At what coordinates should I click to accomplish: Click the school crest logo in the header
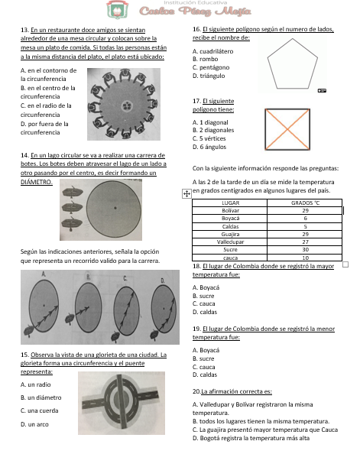[x=117, y=10]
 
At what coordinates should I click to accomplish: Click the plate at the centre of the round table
[x=127, y=105]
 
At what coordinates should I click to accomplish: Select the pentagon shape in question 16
[x=292, y=63]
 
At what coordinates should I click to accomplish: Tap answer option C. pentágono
[x=211, y=67]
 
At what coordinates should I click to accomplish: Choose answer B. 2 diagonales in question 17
[x=213, y=130]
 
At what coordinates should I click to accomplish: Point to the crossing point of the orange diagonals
[x=287, y=129]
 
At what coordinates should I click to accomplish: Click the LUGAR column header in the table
[x=230, y=203]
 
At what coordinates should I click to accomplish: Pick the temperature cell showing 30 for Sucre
[x=305, y=250]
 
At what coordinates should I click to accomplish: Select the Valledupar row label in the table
[x=230, y=242]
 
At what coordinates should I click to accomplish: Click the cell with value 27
[x=305, y=242]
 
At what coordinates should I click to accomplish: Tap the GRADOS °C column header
[x=305, y=203]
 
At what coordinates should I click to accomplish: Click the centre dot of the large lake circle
[x=115, y=208]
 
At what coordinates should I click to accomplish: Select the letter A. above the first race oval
[x=44, y=274]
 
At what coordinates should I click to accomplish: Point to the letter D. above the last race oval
[x=163, y=281]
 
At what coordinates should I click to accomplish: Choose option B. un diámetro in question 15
[x=41, y=397]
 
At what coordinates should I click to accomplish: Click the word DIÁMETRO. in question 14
[x=37, y=182]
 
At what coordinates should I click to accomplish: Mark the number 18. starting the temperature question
[x=196, y=266]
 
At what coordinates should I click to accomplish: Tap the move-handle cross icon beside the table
[x=186, y=193]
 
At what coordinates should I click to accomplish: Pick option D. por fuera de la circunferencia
[x=44, y=128]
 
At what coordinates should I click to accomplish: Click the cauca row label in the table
[x=230, y=258]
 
